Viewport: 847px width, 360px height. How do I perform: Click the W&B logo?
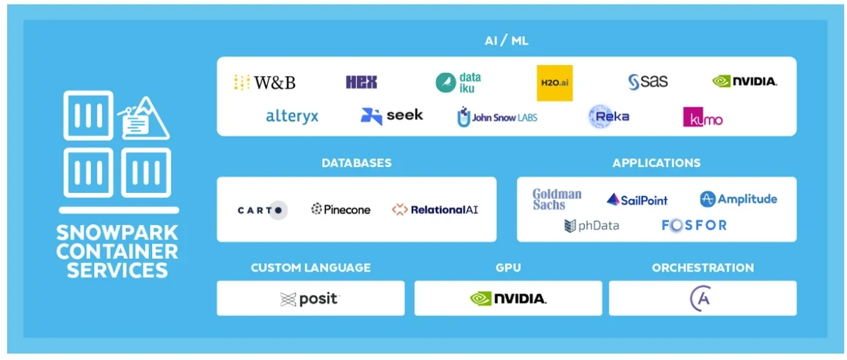264,82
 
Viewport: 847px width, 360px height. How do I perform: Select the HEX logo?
362,82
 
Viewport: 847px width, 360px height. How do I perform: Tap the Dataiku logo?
459,82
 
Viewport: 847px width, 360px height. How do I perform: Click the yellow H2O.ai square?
554,82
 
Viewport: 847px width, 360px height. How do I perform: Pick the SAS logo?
648,82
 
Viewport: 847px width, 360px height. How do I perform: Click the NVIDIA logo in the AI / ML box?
745,81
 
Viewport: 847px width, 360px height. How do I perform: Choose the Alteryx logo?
292,117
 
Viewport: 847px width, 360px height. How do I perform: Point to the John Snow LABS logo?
497,118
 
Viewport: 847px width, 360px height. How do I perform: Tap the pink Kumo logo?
703,118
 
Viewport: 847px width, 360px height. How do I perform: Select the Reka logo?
609,117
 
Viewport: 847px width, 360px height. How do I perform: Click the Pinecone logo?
341,209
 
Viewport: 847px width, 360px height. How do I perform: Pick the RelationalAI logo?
435,209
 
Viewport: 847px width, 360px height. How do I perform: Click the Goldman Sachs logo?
557,199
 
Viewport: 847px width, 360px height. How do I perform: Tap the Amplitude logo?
739,199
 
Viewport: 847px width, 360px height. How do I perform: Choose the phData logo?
591,226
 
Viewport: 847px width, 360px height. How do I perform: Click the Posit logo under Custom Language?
311,299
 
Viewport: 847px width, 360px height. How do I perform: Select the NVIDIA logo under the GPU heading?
508,299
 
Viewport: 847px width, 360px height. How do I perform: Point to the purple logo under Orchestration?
700,299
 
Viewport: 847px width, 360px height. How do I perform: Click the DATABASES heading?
356,163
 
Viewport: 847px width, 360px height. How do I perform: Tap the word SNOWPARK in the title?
118,233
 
